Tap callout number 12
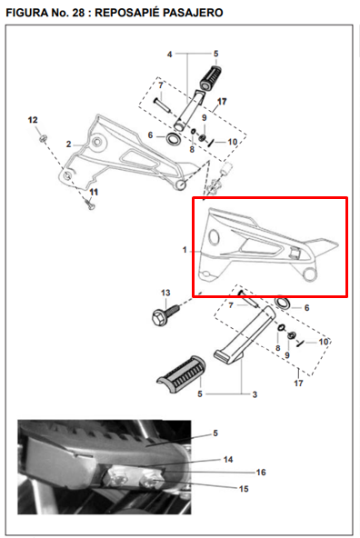tap(33, 120)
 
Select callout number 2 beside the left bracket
tap(69, 144)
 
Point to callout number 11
tap(94, 192)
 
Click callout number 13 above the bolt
tap(165, 293)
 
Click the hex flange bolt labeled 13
tap(165, 314)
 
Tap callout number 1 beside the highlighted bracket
tap(185, 250)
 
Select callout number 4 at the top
tap(169, 55)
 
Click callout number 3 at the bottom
tap(255, 394)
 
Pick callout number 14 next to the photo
tap(228, 460)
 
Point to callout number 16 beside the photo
tap(261, 473)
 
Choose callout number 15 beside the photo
tap(244, 489)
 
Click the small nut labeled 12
tap(44, 139)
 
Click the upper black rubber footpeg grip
tap(210, 77)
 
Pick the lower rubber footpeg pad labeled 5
tap(181, 373)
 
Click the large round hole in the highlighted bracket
tap(214, 237)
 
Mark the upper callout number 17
tap(222, 102)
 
